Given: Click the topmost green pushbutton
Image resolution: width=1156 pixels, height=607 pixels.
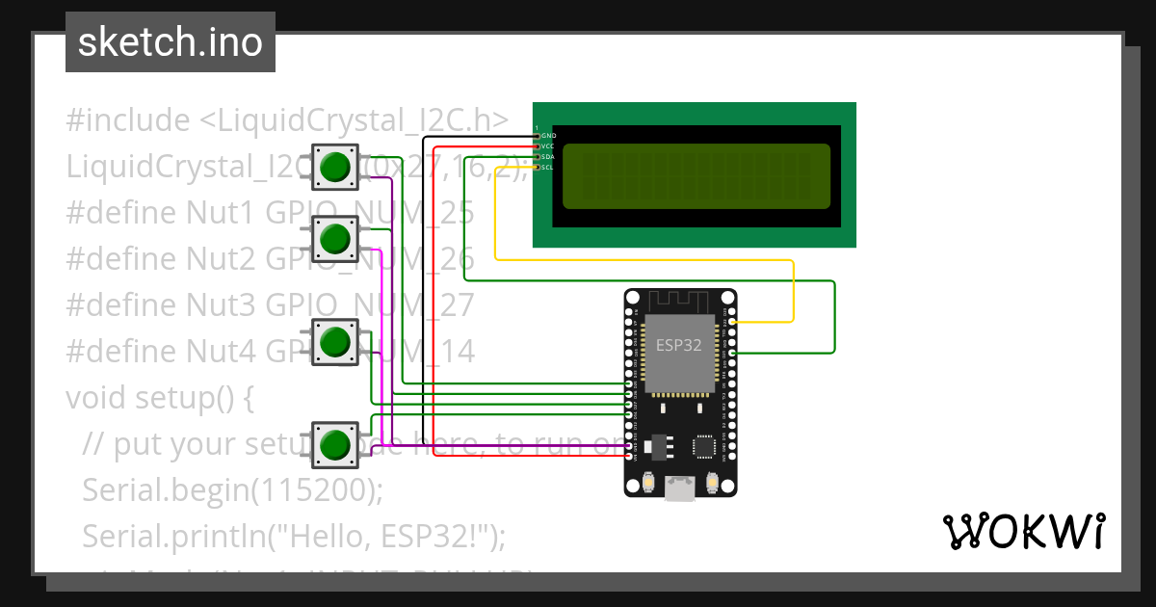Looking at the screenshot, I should (x=334, y=167).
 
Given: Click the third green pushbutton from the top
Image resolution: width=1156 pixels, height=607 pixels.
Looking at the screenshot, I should (x=334, y=342).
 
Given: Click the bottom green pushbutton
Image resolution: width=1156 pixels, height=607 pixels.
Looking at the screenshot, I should (x=334, y=444).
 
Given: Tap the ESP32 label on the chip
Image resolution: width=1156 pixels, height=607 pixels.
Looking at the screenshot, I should (x=679, y=345).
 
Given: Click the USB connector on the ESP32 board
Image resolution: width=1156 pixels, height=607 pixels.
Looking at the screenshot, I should (x=680, y=488).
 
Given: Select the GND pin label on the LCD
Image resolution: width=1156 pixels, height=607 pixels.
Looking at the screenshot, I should (x=548, y=136).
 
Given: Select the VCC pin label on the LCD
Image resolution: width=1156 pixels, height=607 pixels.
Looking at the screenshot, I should (x=548, y=146).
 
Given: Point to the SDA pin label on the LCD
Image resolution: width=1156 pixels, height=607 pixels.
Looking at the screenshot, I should (x=548, y=156).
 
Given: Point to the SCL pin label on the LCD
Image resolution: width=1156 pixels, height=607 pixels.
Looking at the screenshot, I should (x=548, y=167).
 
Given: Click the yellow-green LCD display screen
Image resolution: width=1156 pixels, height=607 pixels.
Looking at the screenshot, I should (x=696, y=176).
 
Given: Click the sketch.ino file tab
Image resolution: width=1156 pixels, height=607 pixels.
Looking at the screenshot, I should (x=171, y=42).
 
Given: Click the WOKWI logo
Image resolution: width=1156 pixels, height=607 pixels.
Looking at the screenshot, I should (x=1023, y=531).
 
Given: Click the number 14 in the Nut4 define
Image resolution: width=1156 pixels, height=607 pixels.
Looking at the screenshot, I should (x=459, y=352).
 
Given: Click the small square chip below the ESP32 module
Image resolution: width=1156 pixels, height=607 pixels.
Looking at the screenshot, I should (x=704, y=446).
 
